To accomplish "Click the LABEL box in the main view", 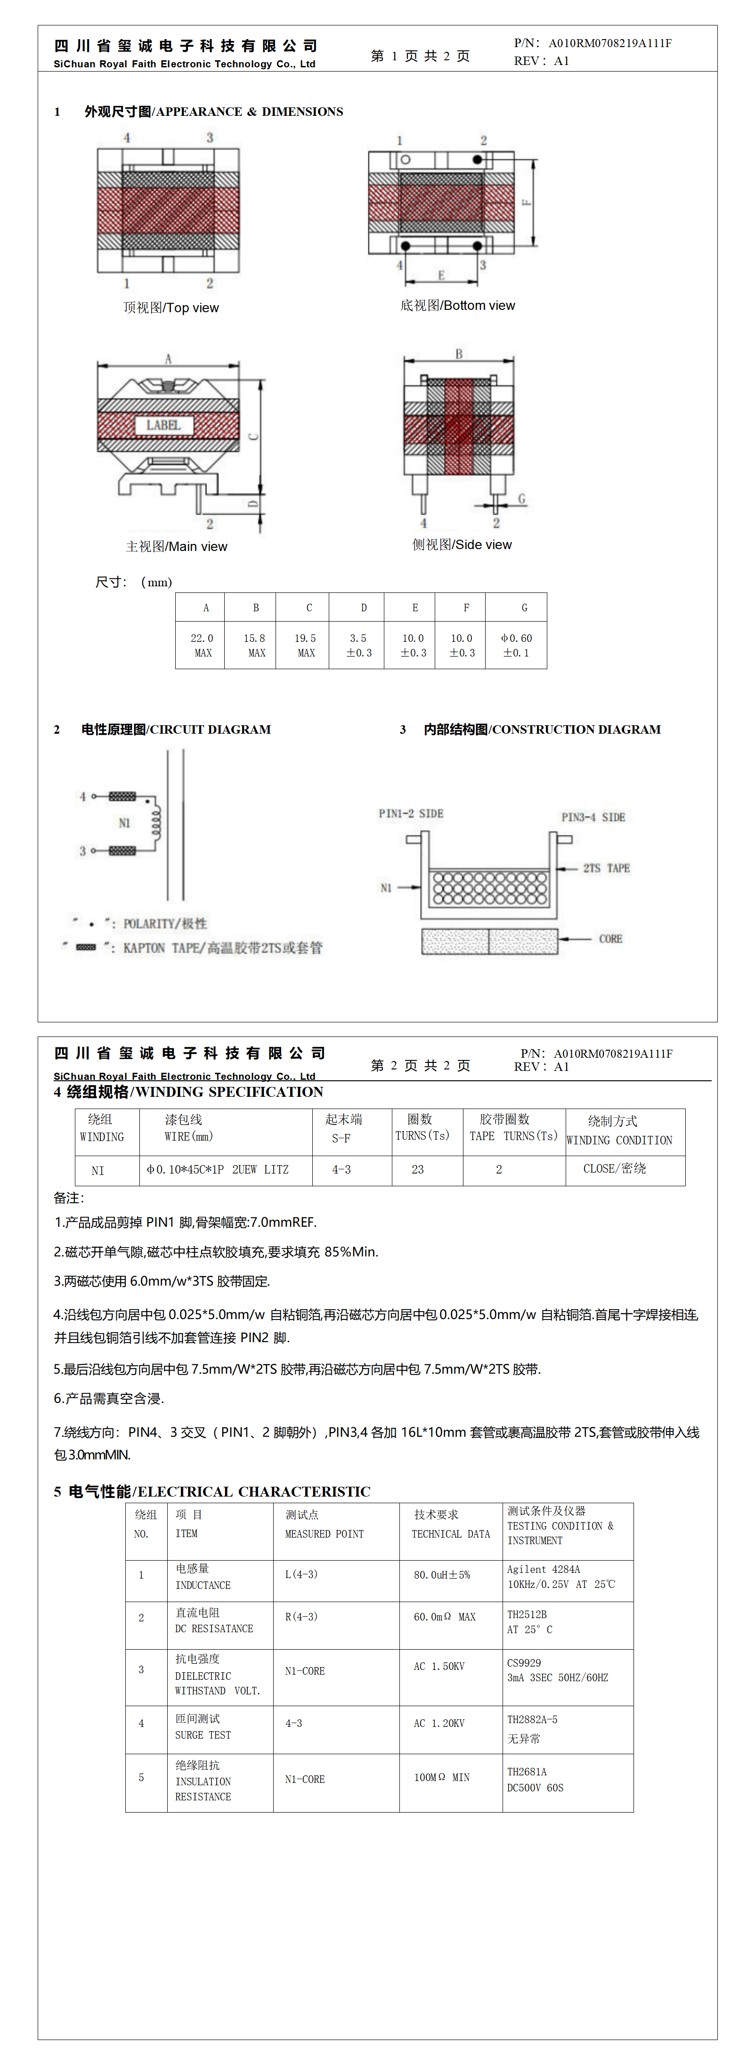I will coord(163,425).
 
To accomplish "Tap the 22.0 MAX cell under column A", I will coord(202,645).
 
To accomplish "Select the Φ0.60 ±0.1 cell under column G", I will coord(516,645).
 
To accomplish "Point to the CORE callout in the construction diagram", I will coord(610,939).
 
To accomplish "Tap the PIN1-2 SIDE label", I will coord(410,814).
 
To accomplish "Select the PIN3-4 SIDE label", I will coord(593,817).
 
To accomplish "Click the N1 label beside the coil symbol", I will coord(124,823).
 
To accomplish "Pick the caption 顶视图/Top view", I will coord(171,308).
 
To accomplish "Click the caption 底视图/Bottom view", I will coord(458,306).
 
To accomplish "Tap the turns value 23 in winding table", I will coord(418,1170).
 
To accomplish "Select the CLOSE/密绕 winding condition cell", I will coord(615,1169).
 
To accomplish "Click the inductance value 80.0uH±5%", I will coord(442,1574).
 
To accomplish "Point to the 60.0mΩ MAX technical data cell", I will coord(444,1617).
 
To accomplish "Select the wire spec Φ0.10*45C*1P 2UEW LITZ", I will coord(217,1170).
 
